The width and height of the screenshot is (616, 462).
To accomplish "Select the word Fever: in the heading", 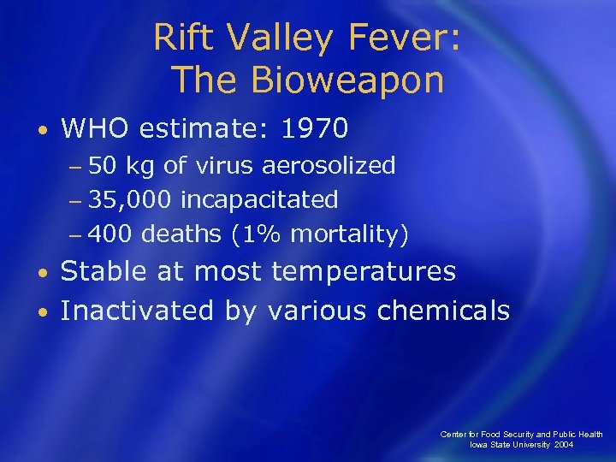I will (x=406, y=38).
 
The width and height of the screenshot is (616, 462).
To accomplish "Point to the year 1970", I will (x=315, y=128).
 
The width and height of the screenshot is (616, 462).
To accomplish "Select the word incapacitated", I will (x=259, y=199).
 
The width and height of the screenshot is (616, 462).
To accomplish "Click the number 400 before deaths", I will (x=110, y=234).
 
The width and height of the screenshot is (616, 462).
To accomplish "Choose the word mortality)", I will (x=350, y=234).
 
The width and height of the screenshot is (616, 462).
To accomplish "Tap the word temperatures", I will (x=364, y=273).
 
